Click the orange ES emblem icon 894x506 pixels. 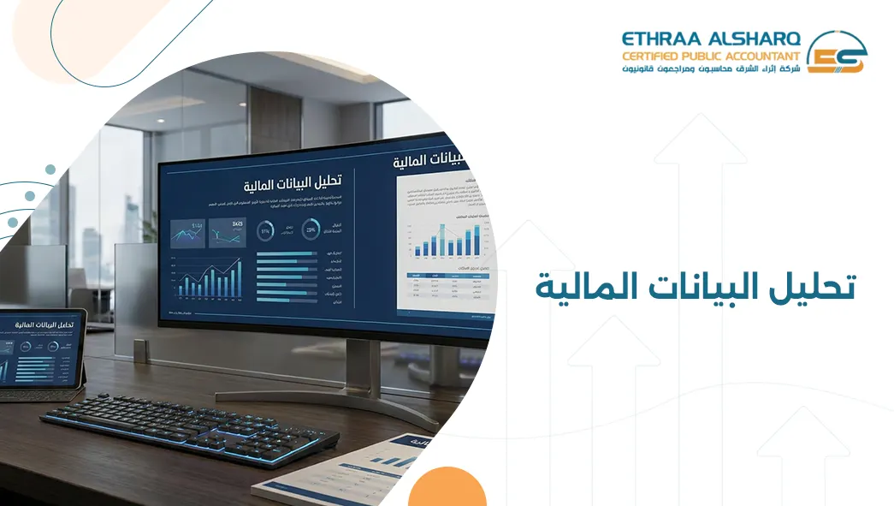(837, 53)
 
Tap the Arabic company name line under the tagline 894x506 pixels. (711, 68)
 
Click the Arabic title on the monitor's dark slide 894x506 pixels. (291, 182)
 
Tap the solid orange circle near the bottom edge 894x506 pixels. (447, 490)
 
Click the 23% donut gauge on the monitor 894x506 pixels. (310, 229)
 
